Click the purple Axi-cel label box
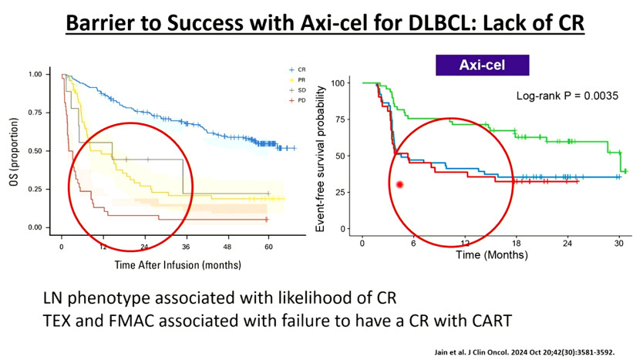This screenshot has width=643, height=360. click(x=482, y=64)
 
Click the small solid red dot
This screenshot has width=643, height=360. click(x=400, y=184)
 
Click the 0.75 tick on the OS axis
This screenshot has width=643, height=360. click(x=35, y=113)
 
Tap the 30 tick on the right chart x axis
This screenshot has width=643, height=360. click(x=618, y=244)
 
